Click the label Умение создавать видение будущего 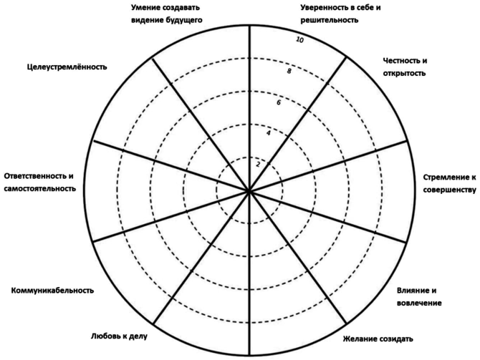pyautogui.click(x=167, y=14)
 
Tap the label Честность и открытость pyautogui.click(x=405, y=67)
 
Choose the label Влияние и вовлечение pyautogui.click(x=418, y=296)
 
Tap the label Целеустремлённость pyautogui.click(x=64, y=67)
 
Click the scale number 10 pyautogui.click(x=299, y=40)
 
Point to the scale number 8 pyautogui.click(x=288, y=72)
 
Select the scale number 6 pyautogui.click(x=278, y=102)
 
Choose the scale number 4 pyautogui.click(x=268, y=133)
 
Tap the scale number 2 pyautogui.click(x=258, y=164)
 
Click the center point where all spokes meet pyautogui.click(x=249, y=191)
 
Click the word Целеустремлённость pyautogui.click(x=64, y=67)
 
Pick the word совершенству pyautogui.click(x=449, y=189)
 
